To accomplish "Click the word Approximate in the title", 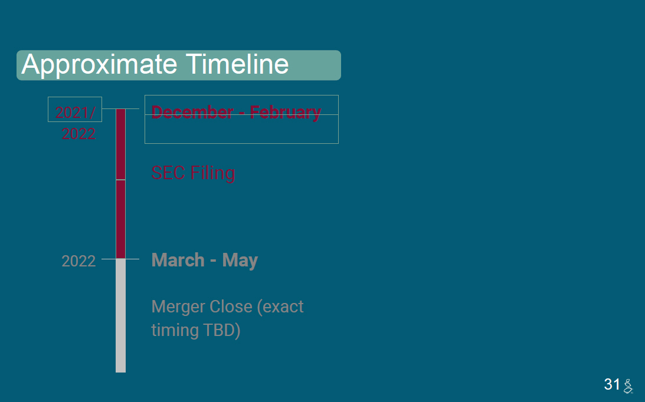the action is point(99,64).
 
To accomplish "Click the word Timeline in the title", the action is point(237,64).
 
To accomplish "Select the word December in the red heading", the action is point(192,112).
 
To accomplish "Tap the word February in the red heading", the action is point(285,113).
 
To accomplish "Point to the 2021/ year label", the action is point(76,113).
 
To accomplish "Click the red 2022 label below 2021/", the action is point(78,134).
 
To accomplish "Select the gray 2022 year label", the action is point(78,262).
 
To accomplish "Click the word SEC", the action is point(168,173).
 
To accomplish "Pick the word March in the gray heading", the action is point(178,260).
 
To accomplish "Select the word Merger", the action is point(178,307).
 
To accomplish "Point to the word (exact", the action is point(280,307).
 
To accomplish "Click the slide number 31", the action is point(612,384).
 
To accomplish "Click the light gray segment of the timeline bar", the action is point(120,316).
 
